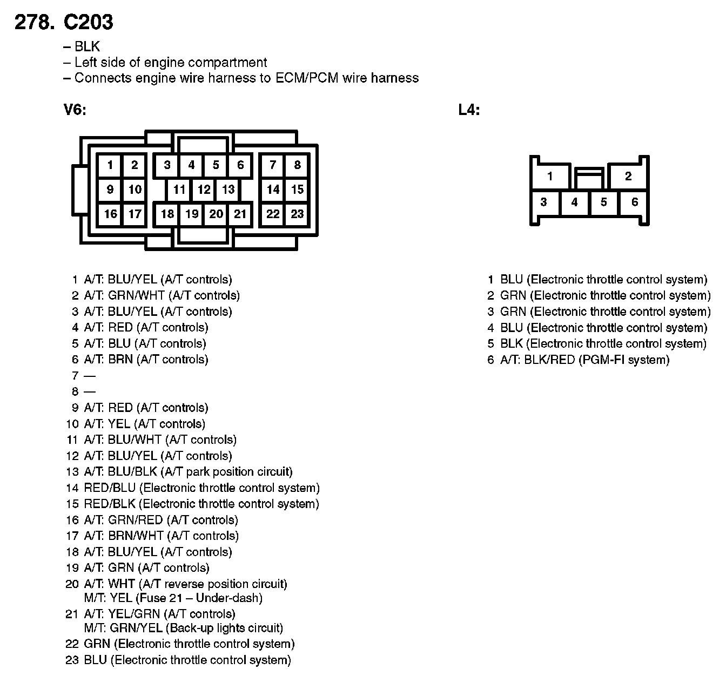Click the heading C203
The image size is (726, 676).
pos(88,22)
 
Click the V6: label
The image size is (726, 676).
pos(75,110)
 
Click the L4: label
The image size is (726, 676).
pos(469,110)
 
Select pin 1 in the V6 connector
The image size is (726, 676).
pos(110,165)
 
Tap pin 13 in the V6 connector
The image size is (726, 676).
pos(228,190)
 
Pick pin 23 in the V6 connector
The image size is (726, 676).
pos(297,214)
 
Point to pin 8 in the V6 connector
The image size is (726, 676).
pos(297,165)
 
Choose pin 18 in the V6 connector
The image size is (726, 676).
pos(167,214)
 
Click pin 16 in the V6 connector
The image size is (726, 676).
pos(110,214)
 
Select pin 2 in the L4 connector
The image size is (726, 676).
pos(628,176)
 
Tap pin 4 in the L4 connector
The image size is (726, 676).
pos(574,202)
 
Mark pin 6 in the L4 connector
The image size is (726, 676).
pos(635,202)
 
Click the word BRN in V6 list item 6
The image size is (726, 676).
pos(120,360)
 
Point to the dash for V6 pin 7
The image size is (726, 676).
pos(90,376)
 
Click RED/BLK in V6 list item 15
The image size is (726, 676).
pos(110,504)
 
